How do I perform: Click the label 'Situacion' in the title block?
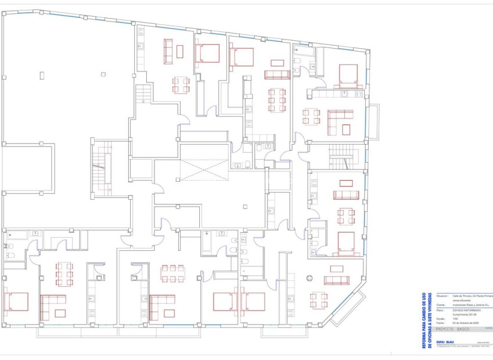(442, 295)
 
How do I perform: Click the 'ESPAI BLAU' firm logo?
(445, 341)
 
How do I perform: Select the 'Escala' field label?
(440, 318)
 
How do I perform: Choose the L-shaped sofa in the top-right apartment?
(340, 118)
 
